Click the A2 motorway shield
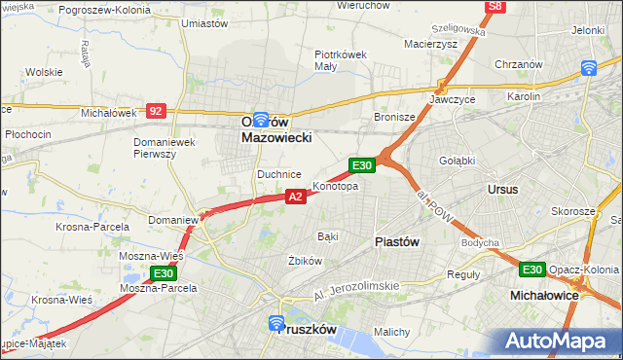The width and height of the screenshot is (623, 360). pyautogui.click(x=297, y=197)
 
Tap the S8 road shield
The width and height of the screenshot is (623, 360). pyautogui.click(x=496, y=6)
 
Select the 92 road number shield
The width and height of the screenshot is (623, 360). pyautogui.click(x=156, y=111)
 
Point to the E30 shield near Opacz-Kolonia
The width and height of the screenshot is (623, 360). pyautogui.click(x=531, y=270)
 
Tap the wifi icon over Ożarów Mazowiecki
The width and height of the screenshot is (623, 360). pyautogui.click(x=260, y=120)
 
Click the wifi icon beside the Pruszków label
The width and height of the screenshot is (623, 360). pyautogui.click(x=275, y=321)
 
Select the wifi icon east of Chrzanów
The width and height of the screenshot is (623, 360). pyautogui.click(x=588, y=67)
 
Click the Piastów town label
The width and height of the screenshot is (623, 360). pyautogui.click(x=397, y=242)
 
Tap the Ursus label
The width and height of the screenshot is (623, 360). pyautogui.click(x=503, y=189)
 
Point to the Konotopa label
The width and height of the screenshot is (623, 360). pyautogui.click(x=335, y=186)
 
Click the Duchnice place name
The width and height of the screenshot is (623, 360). pyautogui.click(x=278, y=174)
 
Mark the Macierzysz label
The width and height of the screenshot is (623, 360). pyautogui.click(x=430, y=44)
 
